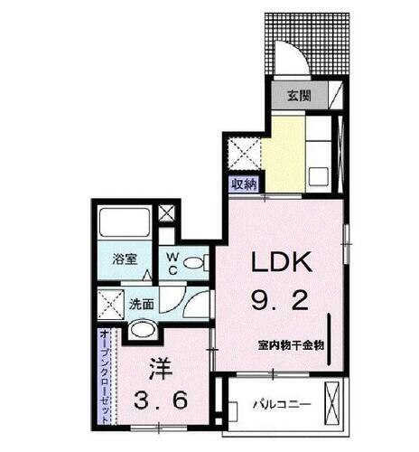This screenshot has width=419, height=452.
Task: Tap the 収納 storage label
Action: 244,182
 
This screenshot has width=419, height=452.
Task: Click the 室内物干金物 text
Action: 289,344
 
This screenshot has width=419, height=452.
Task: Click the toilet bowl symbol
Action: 192,264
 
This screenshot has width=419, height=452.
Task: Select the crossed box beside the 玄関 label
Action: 334,94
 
